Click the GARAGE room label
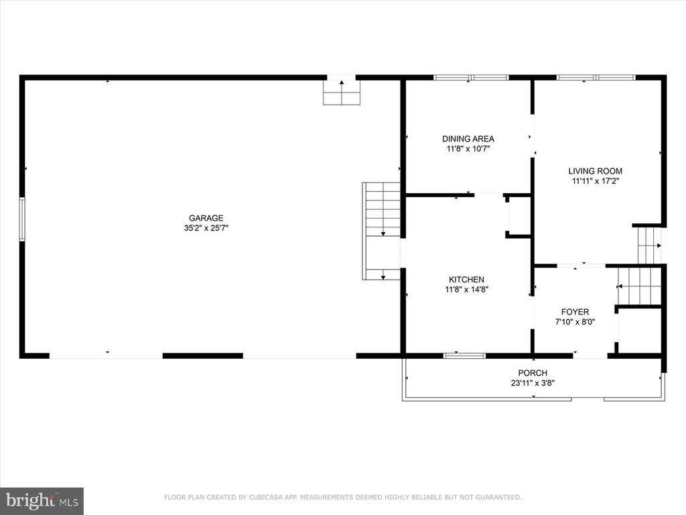pos(206,218)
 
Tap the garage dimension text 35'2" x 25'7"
pos(206,228)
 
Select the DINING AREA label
pos(468,139)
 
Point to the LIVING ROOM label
pos(595,171)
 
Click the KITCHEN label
pos(466,280)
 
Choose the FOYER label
pos(575,312)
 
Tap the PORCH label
pos(533,373)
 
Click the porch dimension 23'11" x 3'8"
pos(533,383)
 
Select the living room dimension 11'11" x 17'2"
pos(595,181)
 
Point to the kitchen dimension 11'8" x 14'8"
pos(466,290)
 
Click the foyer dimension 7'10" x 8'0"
pos(575,322)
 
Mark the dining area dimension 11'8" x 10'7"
pos(468,149)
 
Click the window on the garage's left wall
pos(22,219)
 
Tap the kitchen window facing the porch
pos(465,355)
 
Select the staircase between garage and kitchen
pos(381,231)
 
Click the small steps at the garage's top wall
pos(342,93)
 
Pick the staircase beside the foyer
pos(639,286)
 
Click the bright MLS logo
pos(42,500)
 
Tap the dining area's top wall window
pos(471,78)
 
